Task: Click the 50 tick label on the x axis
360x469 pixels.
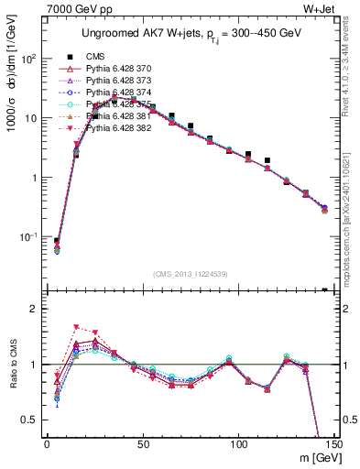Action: (x=142, y=445)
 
